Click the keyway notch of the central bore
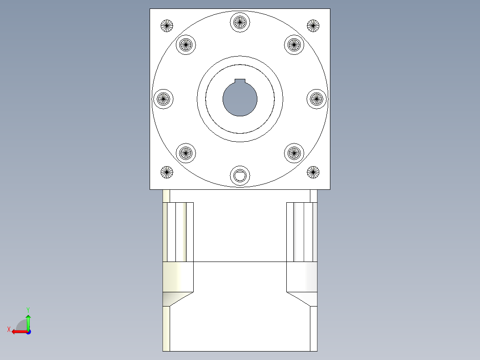click(240, 81)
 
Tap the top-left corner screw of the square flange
click(167, 26)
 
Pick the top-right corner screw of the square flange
click(313, 26)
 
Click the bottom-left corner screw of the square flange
click(167, 172)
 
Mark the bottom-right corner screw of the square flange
click(313, 172)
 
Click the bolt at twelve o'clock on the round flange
click(240, 21)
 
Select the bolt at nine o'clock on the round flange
click(163, 98)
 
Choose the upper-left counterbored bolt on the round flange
click(186, 44)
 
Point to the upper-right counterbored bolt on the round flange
click(293, 44)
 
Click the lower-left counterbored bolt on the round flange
click(186, 153)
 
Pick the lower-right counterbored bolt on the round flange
click(293, 153)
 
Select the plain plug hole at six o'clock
click(240, 176)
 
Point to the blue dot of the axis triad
click(28, 331)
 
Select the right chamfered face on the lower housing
click(301, 299)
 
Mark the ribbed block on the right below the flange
click(301, 232)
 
